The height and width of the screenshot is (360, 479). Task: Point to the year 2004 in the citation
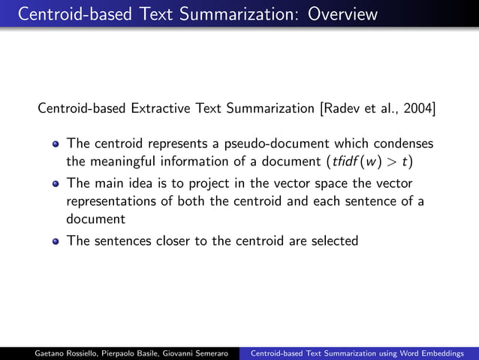tap(417, 109)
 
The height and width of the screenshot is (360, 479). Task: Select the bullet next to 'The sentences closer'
tap(56, 241)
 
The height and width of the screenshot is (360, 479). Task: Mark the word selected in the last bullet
tap(335, 241)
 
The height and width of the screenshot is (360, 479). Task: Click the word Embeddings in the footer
tap(444, 352)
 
